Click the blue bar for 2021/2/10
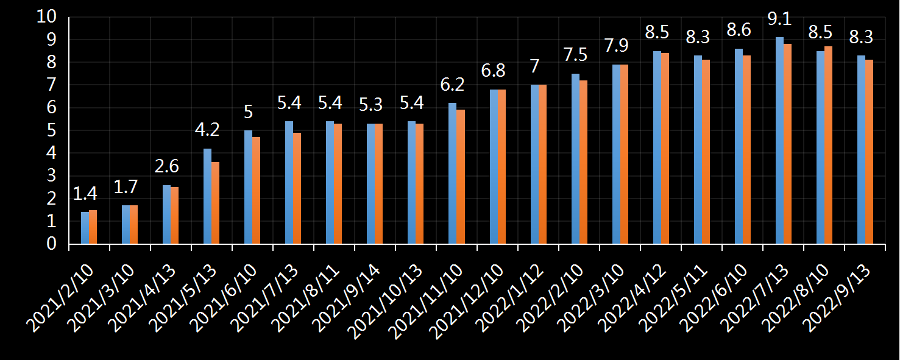(x=85, y=228)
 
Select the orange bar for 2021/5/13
(x=215, y=203)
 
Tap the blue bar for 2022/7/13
(x=779, y=141)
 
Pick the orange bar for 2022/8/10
(x=829, y=145)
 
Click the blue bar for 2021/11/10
(x=452, y=174)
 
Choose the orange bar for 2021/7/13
(x=297, y=188)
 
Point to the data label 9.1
(x=779, y=19)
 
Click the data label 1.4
(x=85, y=194)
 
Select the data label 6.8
(x=494, y=71)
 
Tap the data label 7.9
(x=616, y=46)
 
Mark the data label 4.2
(x=207, y=130)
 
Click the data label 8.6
(x=739, y=30)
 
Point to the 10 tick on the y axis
(x=46, y=17)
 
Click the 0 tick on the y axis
(x=51, y=244)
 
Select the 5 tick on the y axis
(x=51, y=130)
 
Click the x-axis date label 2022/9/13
(x=838, y=298)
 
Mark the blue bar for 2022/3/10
(x=616, y=154)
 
